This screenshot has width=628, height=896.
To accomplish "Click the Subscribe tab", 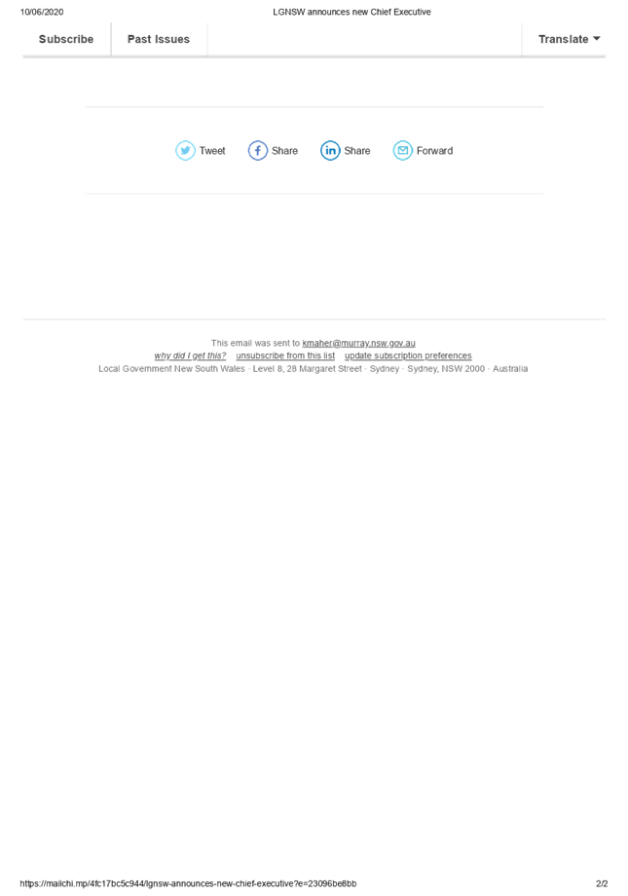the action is [x=66, y=40].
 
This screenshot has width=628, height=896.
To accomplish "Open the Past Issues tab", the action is [x=159, y=40].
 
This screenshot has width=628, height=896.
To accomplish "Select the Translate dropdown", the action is [x=570, y=40].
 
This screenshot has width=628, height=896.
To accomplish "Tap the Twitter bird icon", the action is [x=185, y=150].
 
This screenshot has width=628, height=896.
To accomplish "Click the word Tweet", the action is [x=212, y=151].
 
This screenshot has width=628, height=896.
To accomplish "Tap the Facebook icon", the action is [x=257, y=150].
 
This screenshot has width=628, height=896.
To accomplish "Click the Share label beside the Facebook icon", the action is [x=285, y=151].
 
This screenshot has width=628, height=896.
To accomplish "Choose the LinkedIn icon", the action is [x=330, y=150].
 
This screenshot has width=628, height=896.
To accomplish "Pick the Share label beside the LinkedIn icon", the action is [x=357, y=151].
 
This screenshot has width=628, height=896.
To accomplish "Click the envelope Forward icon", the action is [x=402, y=150].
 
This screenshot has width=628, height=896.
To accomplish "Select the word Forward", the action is [x=434, y=151].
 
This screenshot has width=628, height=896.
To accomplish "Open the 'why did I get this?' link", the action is [x=190, y=356].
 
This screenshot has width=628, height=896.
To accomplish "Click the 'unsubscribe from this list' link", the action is [x=285, y=356].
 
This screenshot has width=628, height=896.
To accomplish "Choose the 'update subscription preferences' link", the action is [x=409, y=356].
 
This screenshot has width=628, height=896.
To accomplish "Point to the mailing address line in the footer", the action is [x=314, y=369].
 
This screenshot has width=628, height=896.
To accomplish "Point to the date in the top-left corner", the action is [x=42, y=12].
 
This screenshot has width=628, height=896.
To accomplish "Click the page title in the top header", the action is [x=351, y=12].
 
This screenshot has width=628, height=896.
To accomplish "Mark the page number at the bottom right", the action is [x=602, y=883].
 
